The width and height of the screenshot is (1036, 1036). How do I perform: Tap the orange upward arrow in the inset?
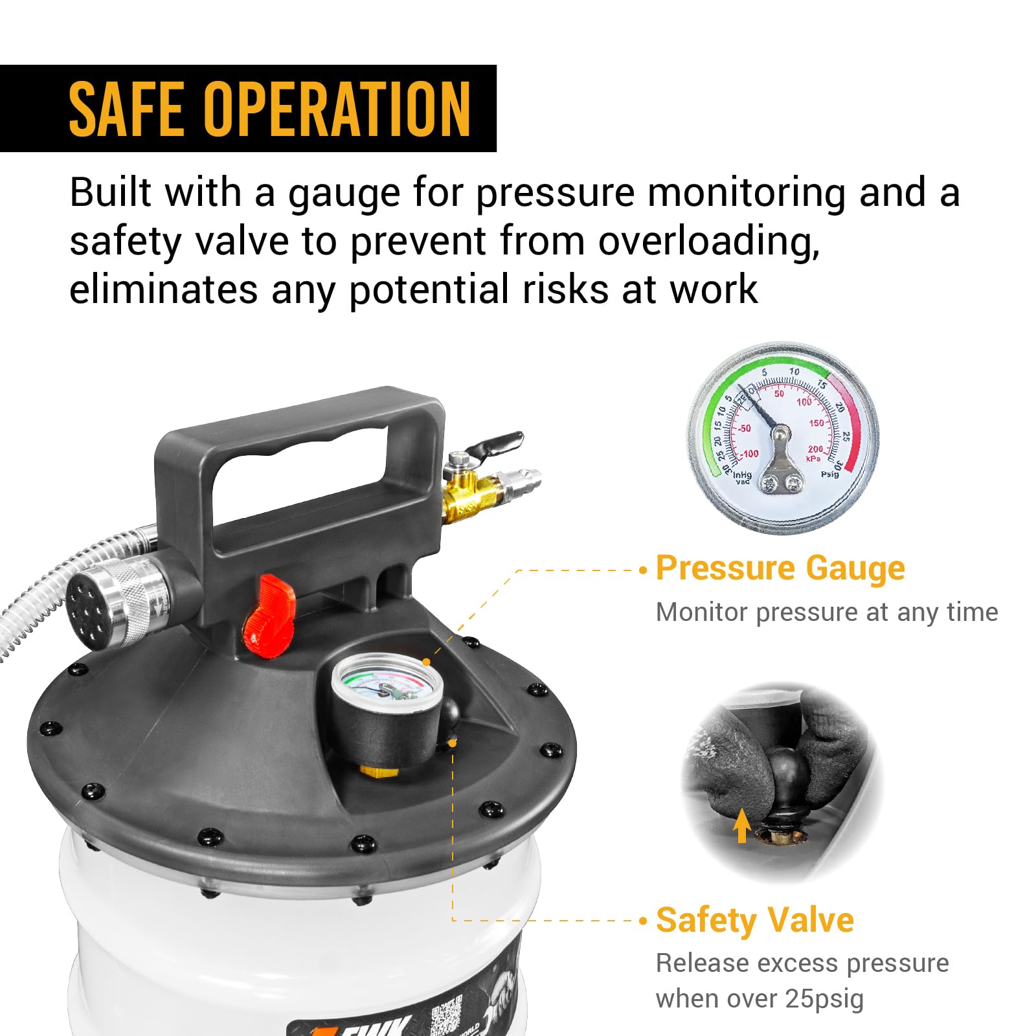click(x=742, y=825)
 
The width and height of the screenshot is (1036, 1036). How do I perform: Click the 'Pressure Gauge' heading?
click(x=780, y=569)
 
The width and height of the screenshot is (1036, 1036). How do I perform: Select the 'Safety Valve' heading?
click(x=754, y=920)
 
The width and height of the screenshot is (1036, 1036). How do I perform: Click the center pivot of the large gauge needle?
click(x=781, y=432)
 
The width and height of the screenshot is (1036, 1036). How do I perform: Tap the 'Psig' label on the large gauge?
click(x=829, y=474)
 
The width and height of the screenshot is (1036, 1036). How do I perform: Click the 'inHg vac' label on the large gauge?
click(x=742, y=478)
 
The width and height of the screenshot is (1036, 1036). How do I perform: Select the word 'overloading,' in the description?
click(x=708, y=241)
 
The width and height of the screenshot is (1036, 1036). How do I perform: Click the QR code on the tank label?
click(x=446, y=1014)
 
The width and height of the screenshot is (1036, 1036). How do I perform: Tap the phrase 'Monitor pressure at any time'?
click(x=826, y=612)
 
